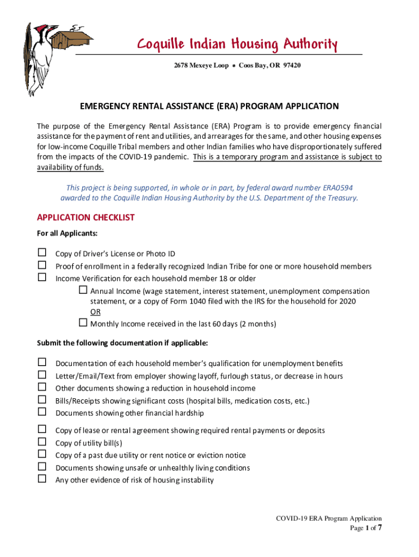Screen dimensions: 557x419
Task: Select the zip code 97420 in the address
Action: pyautogui.click(x=291, y=65)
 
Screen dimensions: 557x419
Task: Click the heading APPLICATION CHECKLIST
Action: pyautogui.click(x=85, y=218)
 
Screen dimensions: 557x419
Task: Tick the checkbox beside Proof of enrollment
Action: pyautogui.click(x=42, y=265)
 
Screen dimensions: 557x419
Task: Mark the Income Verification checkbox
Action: pyautogui.click(x=42, y=278)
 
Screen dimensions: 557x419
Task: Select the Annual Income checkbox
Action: pyautogui.click(x=83, y=290)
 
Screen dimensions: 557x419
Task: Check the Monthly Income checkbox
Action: pyautogui.click(x=83, y=323)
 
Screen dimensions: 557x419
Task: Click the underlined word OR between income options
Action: pyautogui.click(x=95, y=312)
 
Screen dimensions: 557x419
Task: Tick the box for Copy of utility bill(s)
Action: pyautogui.click(x=42, y=442)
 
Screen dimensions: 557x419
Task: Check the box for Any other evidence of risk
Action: pyautogui.click(x=42, y=479)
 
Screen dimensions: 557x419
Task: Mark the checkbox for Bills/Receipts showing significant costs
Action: pyautogui.click(x=42, y=400)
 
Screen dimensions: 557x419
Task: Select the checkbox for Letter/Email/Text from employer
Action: pyautogui.click(x=42, y=375)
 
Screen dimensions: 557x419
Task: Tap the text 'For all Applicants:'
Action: pyautogui.click(x=67, y=233)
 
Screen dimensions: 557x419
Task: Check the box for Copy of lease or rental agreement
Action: pyautogui.click(x=42, y=430)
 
